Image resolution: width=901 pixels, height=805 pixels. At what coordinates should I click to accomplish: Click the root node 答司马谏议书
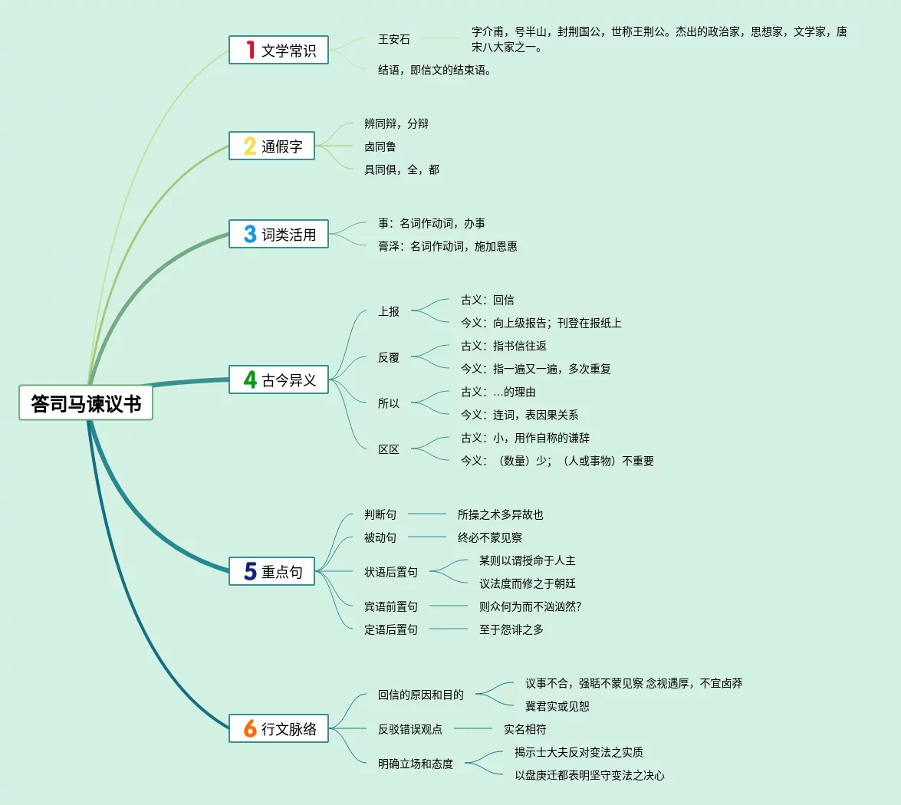point(86,402)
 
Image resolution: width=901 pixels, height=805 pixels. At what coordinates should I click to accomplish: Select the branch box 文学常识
point(278,50)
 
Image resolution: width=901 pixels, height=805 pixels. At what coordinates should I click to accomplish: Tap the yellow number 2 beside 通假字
point(250,146)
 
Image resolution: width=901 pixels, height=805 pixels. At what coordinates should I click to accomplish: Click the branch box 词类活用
point(278,234)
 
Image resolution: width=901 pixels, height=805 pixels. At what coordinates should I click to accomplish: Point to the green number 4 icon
point(250,379)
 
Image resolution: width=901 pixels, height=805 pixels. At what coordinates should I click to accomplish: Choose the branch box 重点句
point(271,571)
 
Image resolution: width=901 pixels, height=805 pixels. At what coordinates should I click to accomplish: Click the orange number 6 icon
point(250,728)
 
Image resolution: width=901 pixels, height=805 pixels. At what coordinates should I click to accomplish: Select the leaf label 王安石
point(394,39)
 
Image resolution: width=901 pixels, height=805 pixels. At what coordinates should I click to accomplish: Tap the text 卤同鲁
point(380,146)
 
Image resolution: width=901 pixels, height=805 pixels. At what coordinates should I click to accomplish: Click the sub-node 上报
point(389,311)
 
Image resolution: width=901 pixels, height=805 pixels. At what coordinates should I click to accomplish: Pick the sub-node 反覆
point(389,357)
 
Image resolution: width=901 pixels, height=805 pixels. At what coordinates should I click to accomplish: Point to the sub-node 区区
point(389,449)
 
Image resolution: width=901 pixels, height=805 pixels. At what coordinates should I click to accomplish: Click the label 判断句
point(380,514)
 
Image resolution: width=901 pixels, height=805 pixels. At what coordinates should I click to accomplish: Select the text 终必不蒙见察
point(489,537)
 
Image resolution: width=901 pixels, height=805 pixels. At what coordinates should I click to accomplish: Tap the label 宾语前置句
point(391,606)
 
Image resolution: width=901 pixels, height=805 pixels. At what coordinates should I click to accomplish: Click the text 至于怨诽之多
point(511,629)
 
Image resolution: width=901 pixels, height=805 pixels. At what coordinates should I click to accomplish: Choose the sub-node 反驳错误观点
point(409,729)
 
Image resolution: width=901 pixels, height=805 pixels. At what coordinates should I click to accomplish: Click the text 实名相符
point(524,729)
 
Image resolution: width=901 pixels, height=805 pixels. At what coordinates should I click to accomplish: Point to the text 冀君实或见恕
point(557,706)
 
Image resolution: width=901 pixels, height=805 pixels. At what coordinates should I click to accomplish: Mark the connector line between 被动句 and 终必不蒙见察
point(427,537)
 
